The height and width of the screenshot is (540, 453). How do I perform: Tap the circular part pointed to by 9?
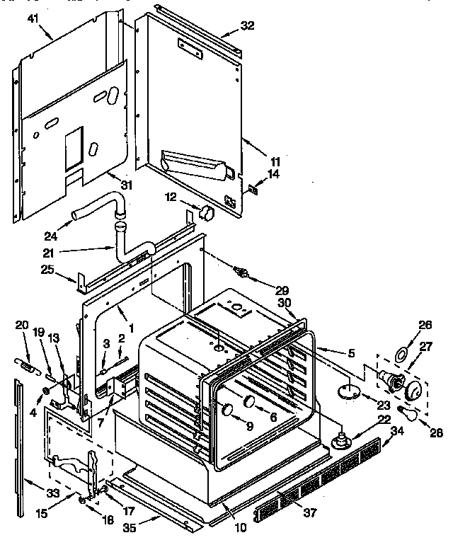point(226,409)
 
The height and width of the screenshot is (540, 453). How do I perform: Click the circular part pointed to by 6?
point(249,403)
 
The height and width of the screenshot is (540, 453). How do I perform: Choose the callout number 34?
point(398,431)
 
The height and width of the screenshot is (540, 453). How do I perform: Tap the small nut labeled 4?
point(46,391)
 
